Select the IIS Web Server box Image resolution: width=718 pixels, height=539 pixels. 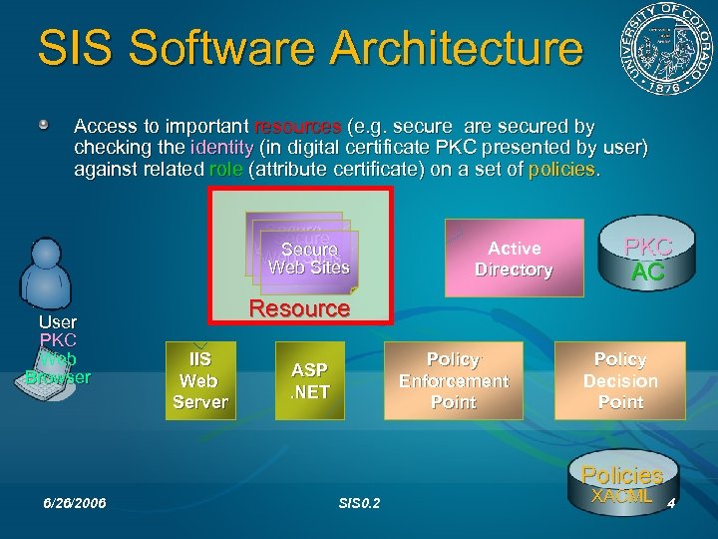point(200,379)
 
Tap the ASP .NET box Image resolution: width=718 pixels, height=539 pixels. point(309,379)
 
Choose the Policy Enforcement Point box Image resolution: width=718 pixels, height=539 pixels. point(453,380)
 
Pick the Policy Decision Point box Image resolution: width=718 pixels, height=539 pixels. point(620,380)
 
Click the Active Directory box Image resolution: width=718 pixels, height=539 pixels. point(514,259)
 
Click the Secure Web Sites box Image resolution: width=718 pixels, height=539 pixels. point(308,257)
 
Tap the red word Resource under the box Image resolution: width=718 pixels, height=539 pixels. point(299,308)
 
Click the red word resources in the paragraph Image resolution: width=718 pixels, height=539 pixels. point(299,128)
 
